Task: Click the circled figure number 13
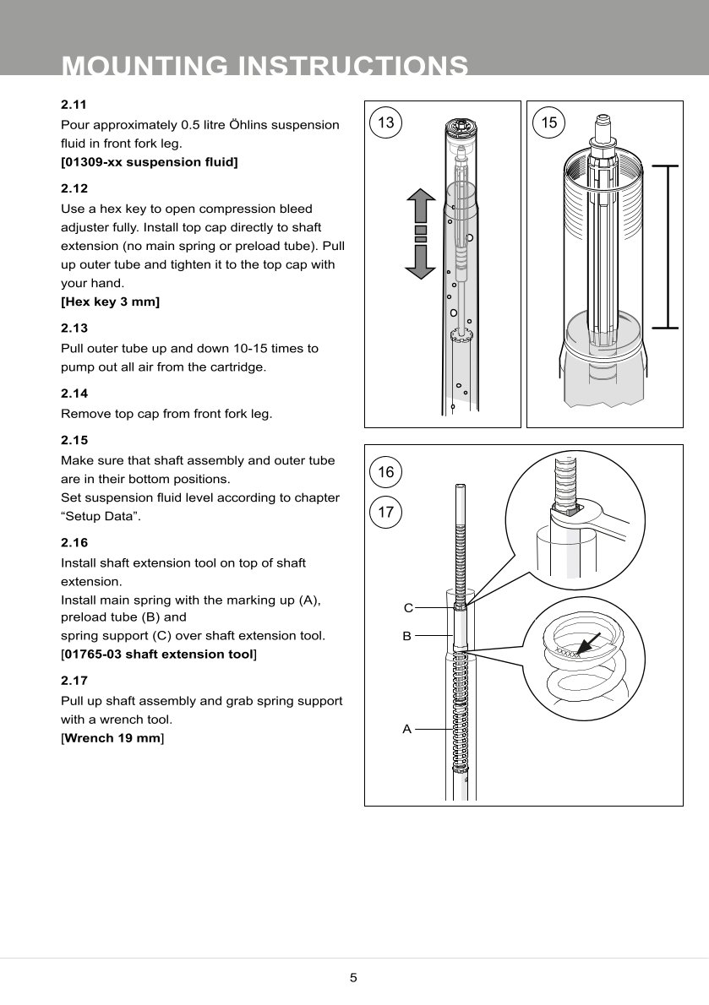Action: click(386, 123)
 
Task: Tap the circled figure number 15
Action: click(549, 123)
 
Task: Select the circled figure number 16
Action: click(386, 473)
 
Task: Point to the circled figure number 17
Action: click(386, 512)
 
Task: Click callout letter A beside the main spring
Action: click(406, 729)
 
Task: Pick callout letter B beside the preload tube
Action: click(406, 636)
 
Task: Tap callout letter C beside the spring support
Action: click(407, 608)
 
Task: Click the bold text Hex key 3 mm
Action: click(111, 301)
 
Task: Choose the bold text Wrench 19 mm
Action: click(112, 738)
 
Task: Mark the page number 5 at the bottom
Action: click(354, 978)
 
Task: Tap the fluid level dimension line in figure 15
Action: click(668, 246)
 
